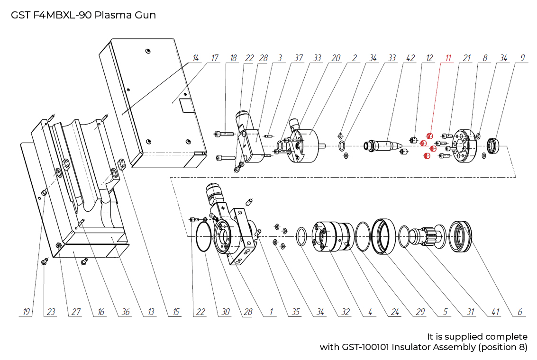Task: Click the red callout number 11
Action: [x=447, y=58]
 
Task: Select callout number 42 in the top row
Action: [x=410, y=58]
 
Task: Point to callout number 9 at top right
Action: [x=522, y=58]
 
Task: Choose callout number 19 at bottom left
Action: [x=27, y=312]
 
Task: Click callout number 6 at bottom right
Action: [x=520, y=312]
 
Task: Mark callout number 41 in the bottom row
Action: [x=495, y=312]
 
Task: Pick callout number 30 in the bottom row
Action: [x=225, y=312]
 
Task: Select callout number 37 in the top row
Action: [x=298, y=58]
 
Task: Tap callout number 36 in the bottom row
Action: [x=125, y=312]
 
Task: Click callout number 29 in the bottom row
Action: [x=420, y=312]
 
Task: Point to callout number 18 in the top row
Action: [x=233, y=58]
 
